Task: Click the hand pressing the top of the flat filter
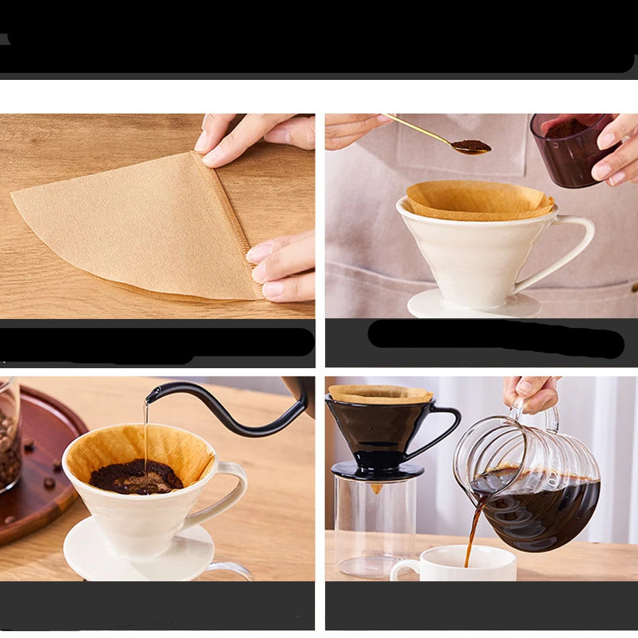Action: (x=253, y=137)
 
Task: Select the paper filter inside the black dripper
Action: (x=380, y=394)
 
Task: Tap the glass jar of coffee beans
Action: (x=9, y=437)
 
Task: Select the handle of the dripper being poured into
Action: (x=232, y=492)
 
